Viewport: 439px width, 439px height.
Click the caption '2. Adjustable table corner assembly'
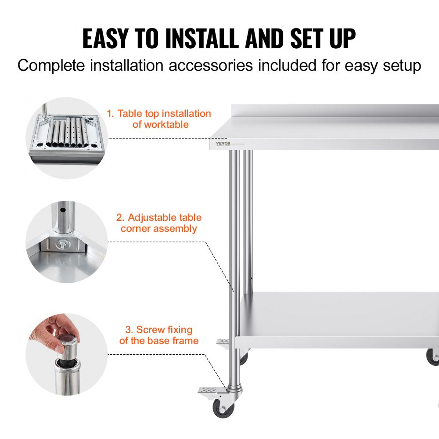point(158,223)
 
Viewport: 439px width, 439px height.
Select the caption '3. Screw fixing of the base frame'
point(158,335)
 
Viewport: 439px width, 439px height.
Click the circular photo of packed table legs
point(66,138)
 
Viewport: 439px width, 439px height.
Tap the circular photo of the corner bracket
point(66,242)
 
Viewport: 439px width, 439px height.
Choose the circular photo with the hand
point(66,354)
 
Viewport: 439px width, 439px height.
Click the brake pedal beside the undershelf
point(225,342)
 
